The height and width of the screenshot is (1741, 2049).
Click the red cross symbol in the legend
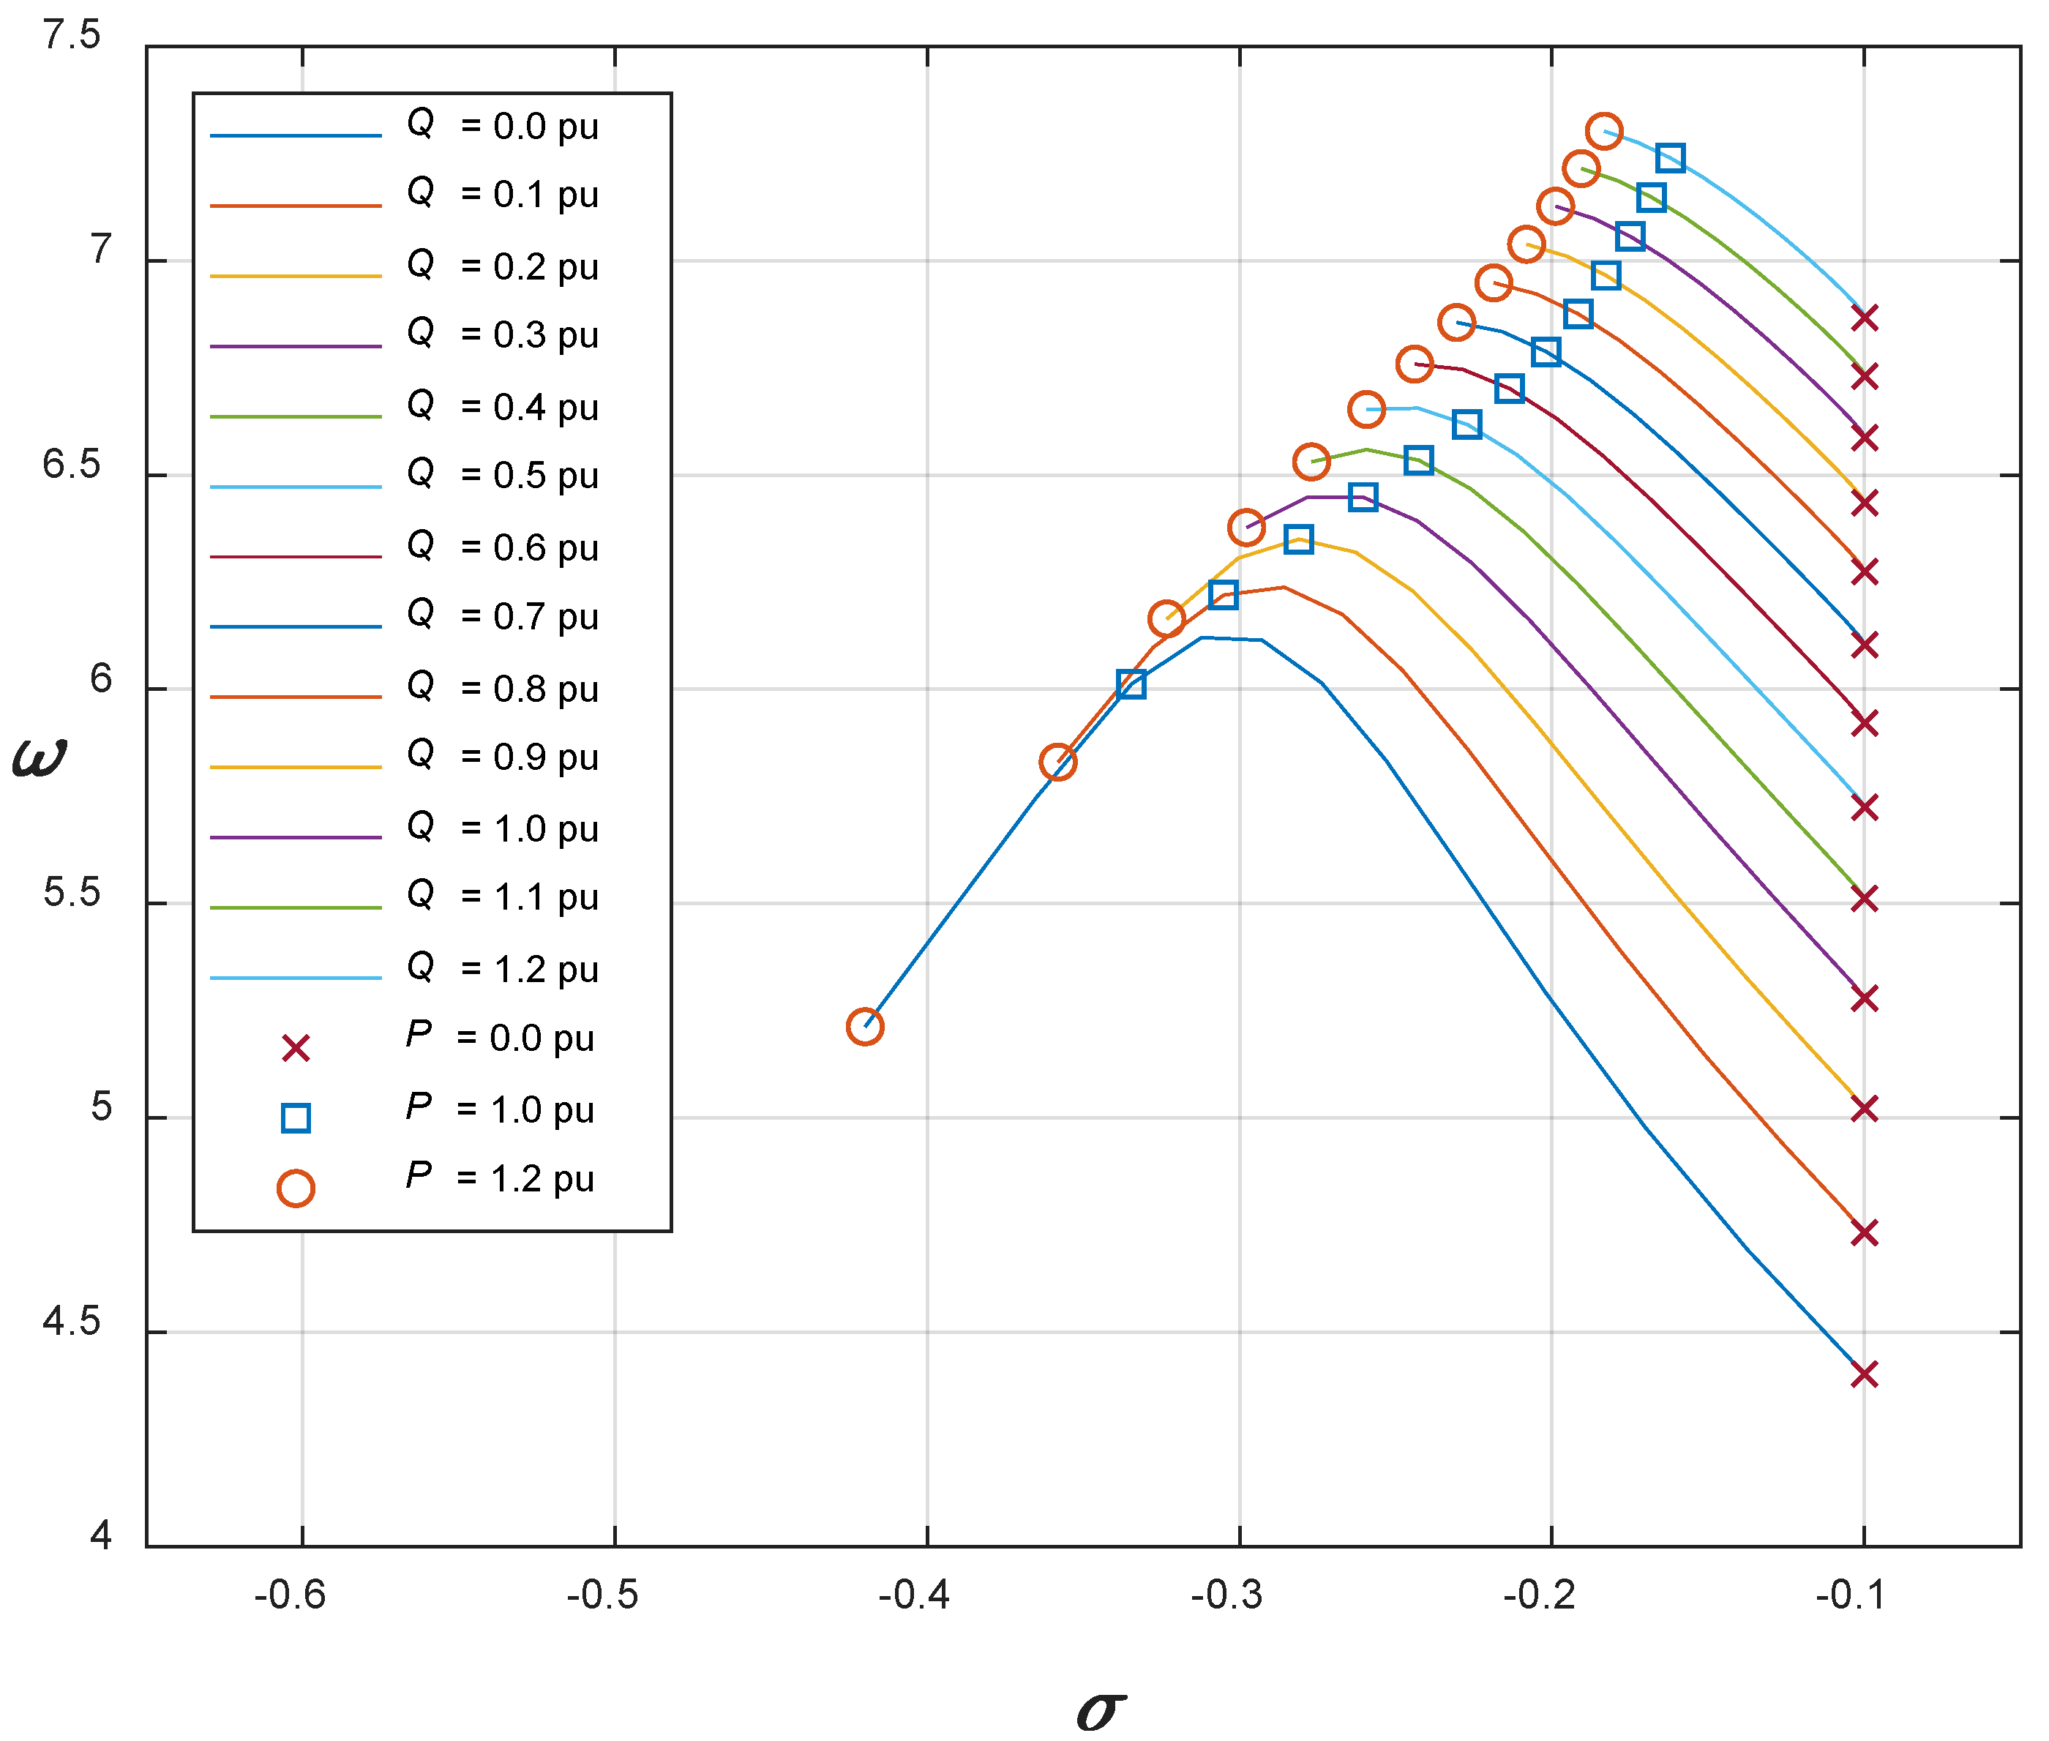tap(295, 1048)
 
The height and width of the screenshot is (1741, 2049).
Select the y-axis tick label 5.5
tap(72, 892)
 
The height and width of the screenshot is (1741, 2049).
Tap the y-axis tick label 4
tap(101, 1535)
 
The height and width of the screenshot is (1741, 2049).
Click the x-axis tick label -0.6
tap(291, 1595)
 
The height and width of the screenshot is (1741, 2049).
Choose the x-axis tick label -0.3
tap(1226, 1595)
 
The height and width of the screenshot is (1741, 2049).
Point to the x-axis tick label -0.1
tap(1851, 1595)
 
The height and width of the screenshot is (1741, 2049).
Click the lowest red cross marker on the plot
tap(1863, 1374)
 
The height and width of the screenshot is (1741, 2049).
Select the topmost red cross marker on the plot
tap(1863, 318)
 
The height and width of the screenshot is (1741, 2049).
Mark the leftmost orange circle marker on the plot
tap(865, 1027)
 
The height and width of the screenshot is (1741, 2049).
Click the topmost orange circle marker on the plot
tap(1604, 130)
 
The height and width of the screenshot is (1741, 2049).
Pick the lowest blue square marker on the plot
tap(1131, 684)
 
